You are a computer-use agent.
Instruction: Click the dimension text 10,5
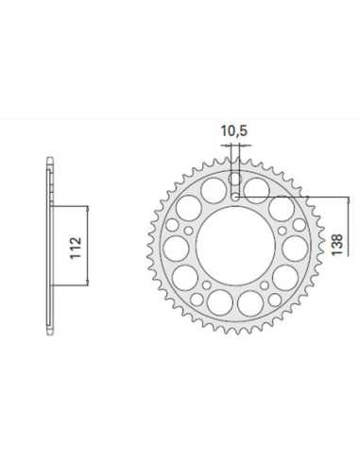[234, 130]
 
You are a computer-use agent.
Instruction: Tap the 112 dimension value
[76, 248]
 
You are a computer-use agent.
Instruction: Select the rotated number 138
[336, 245]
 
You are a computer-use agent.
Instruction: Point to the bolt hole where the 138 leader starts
[235, 198]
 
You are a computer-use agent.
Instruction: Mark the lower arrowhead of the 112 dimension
[88, 283]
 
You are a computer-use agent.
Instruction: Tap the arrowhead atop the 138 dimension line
[348, 200]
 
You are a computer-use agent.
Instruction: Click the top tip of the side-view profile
[50, 157]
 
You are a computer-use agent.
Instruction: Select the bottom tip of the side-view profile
[50, 336]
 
